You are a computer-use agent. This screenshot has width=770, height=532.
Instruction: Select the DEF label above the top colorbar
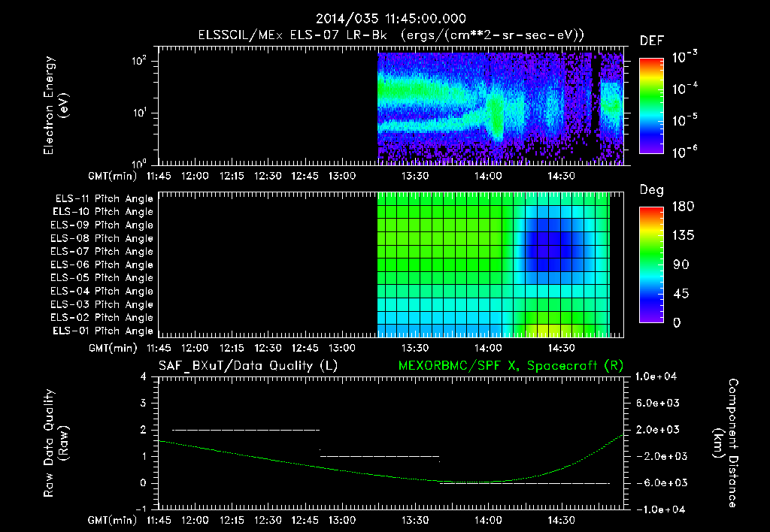651,41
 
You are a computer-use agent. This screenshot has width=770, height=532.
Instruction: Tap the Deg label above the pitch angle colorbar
651,190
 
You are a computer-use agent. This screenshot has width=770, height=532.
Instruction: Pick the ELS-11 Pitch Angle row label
104,198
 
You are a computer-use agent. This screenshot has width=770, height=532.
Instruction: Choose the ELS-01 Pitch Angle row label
104,331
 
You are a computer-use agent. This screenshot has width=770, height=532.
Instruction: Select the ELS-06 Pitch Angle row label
104,264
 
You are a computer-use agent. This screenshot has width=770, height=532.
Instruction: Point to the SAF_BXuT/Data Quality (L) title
247,365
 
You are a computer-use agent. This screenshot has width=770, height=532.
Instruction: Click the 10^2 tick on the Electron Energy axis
139,62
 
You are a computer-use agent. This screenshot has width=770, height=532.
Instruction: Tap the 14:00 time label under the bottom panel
488,520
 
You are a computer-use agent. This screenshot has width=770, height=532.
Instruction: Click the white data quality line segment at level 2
246,430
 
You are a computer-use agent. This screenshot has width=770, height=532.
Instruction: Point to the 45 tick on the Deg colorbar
678,294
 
